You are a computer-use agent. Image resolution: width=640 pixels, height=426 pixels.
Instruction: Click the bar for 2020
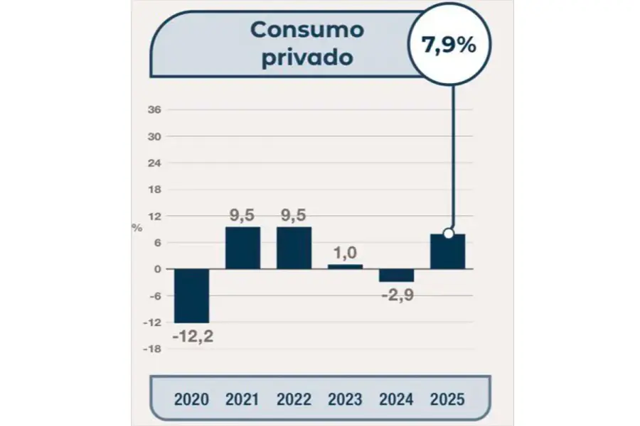point(191,295)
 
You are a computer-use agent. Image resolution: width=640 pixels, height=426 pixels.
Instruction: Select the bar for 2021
point(242,248)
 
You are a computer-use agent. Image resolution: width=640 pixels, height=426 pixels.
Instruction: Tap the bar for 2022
point(294,248)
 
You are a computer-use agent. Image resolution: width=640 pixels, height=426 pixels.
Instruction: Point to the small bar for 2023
point(345,266)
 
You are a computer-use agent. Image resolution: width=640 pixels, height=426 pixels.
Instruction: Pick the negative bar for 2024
point(396,275)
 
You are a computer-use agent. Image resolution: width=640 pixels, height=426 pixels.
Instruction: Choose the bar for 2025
point(447,251)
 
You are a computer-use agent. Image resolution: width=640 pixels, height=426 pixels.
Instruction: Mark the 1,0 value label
point(345,252)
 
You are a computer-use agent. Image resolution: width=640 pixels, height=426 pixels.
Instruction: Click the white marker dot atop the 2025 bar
point(448,234)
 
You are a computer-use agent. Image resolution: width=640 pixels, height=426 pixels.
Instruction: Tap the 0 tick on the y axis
point(158,269)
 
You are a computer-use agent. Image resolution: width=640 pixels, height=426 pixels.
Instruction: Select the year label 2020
point(191,399)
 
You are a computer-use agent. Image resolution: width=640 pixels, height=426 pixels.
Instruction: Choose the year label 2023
point(345,399)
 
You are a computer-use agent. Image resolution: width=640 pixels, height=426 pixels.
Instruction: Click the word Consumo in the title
point(307,30)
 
